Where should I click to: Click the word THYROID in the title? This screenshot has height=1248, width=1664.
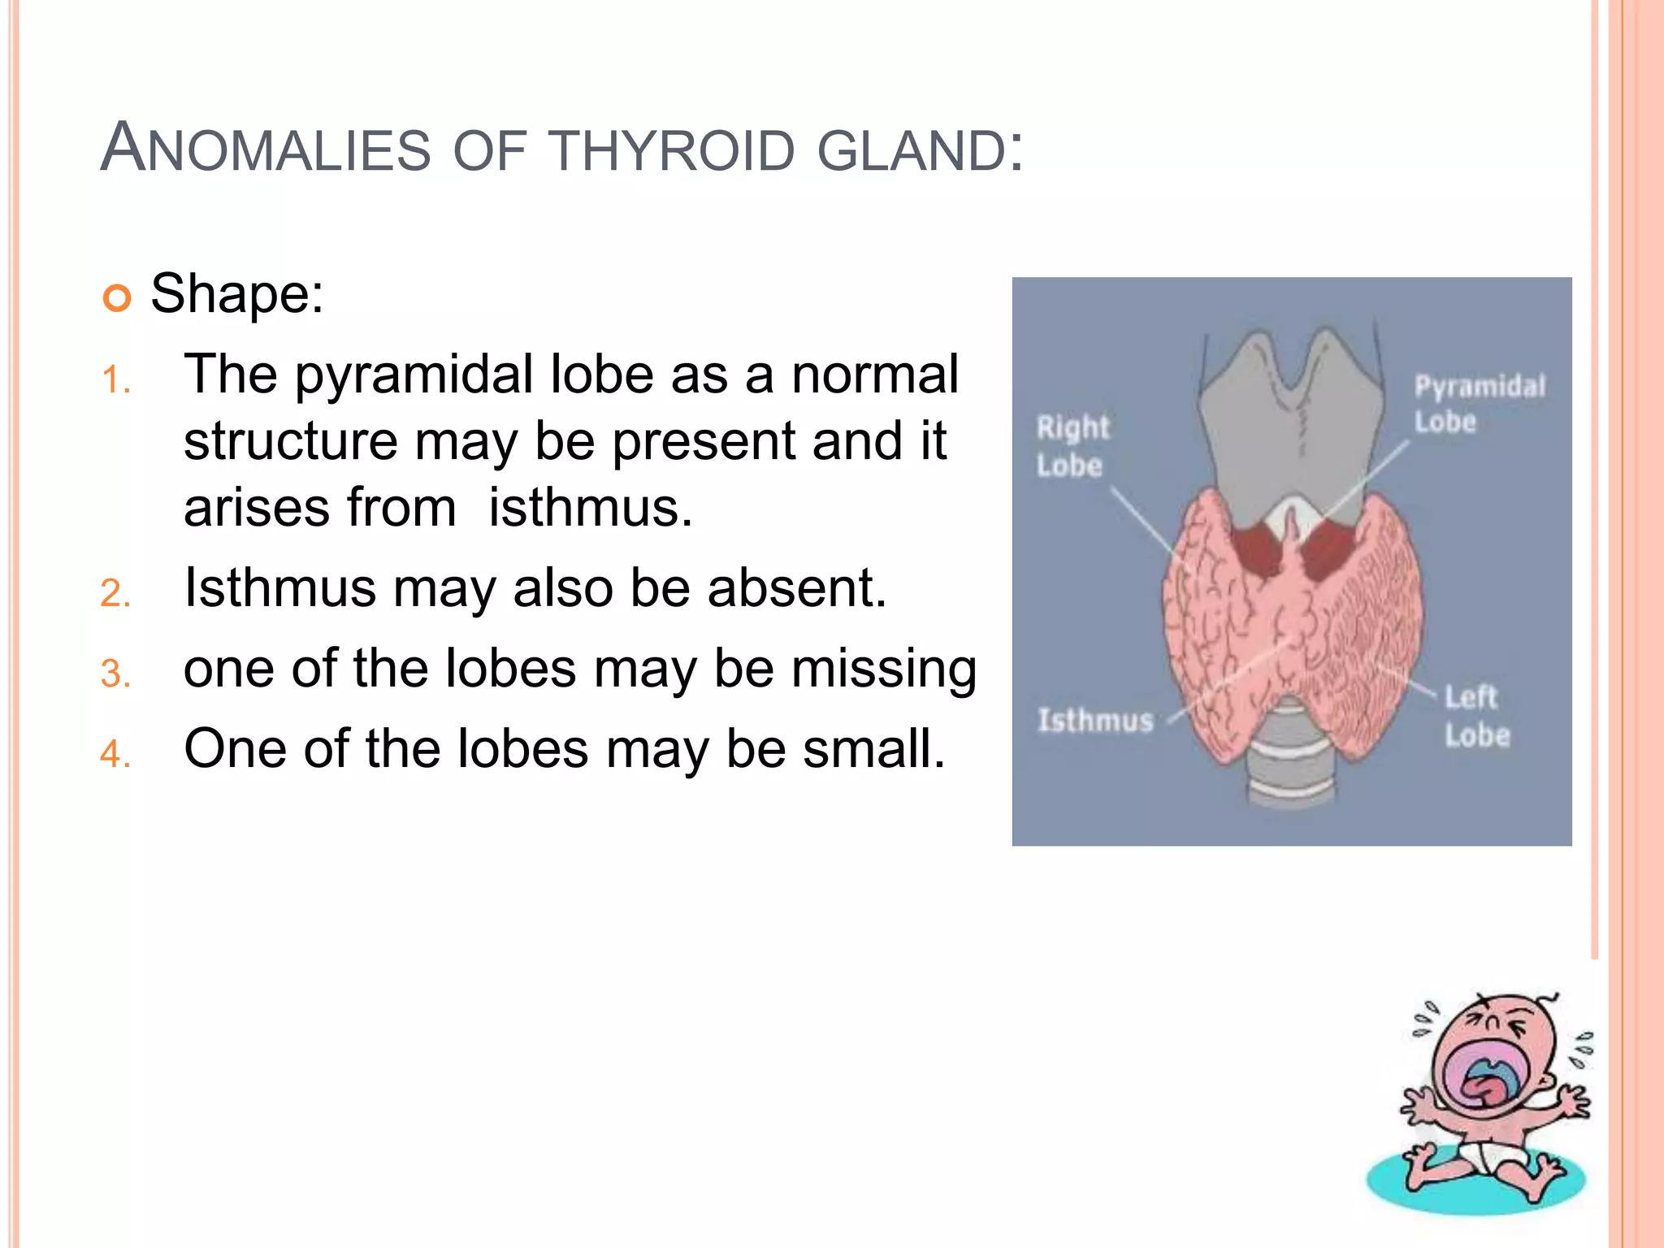671,151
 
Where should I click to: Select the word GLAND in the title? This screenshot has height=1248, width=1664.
910,151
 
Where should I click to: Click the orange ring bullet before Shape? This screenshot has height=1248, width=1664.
117,298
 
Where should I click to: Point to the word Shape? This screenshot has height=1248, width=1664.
236,293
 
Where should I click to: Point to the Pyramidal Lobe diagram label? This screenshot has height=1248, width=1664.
1479,404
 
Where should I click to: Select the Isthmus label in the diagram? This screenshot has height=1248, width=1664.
1095,720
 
